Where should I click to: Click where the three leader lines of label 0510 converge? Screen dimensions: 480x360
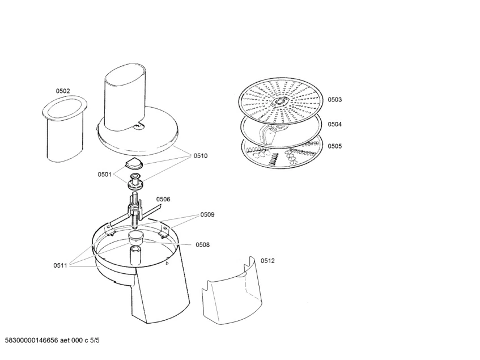tap(192, 156)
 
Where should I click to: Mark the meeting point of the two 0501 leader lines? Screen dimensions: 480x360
tap(113, 174)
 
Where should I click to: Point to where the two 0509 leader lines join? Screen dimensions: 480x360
tap(199, 215)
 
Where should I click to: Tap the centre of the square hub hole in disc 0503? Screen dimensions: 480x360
tap(279, 102)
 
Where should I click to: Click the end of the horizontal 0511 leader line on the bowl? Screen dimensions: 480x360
tap(101, 266)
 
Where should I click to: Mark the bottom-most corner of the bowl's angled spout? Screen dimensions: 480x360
tap(147, 323)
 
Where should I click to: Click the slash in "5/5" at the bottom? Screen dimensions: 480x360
tap(95, 340)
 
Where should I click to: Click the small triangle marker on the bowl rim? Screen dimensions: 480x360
tap(167, 262)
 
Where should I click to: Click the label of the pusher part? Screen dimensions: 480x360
tap(63, 91)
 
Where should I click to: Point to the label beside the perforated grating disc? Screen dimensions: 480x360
tap(335, 99)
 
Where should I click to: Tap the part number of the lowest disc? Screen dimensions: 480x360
tap(335, 146)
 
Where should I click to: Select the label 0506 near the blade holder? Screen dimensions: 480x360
tap(163, 200)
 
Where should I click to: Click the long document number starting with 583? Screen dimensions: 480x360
tap(32, 340)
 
